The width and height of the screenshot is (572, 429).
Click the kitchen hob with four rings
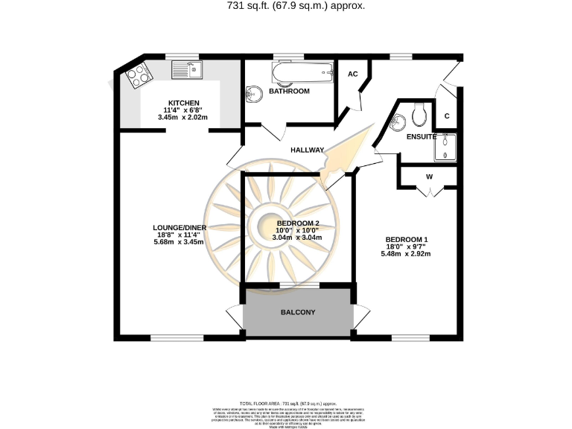139,74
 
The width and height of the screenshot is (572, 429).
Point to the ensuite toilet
419,114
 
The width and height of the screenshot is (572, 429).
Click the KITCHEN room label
183,102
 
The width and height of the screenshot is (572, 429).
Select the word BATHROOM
289,91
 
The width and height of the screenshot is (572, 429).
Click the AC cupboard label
353,74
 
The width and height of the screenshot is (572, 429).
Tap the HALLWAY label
308,150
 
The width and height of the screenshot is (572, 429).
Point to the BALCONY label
299,312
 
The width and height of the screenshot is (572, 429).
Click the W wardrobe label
430,177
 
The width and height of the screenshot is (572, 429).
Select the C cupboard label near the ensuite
447,116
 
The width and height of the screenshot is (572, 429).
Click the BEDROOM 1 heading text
406,238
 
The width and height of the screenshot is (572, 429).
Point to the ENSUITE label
421,137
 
